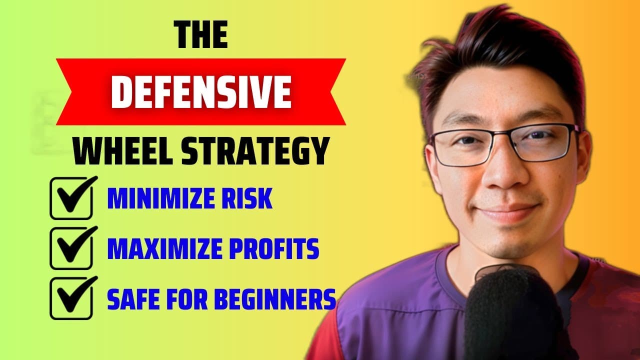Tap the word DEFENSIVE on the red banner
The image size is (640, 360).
click(201, 92)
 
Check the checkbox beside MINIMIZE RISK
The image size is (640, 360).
click(71, 198)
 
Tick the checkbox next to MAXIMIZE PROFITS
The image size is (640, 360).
click(71, 248)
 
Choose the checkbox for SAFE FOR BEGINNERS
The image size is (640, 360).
click(71, 298)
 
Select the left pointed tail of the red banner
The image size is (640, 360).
click(64, 92)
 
